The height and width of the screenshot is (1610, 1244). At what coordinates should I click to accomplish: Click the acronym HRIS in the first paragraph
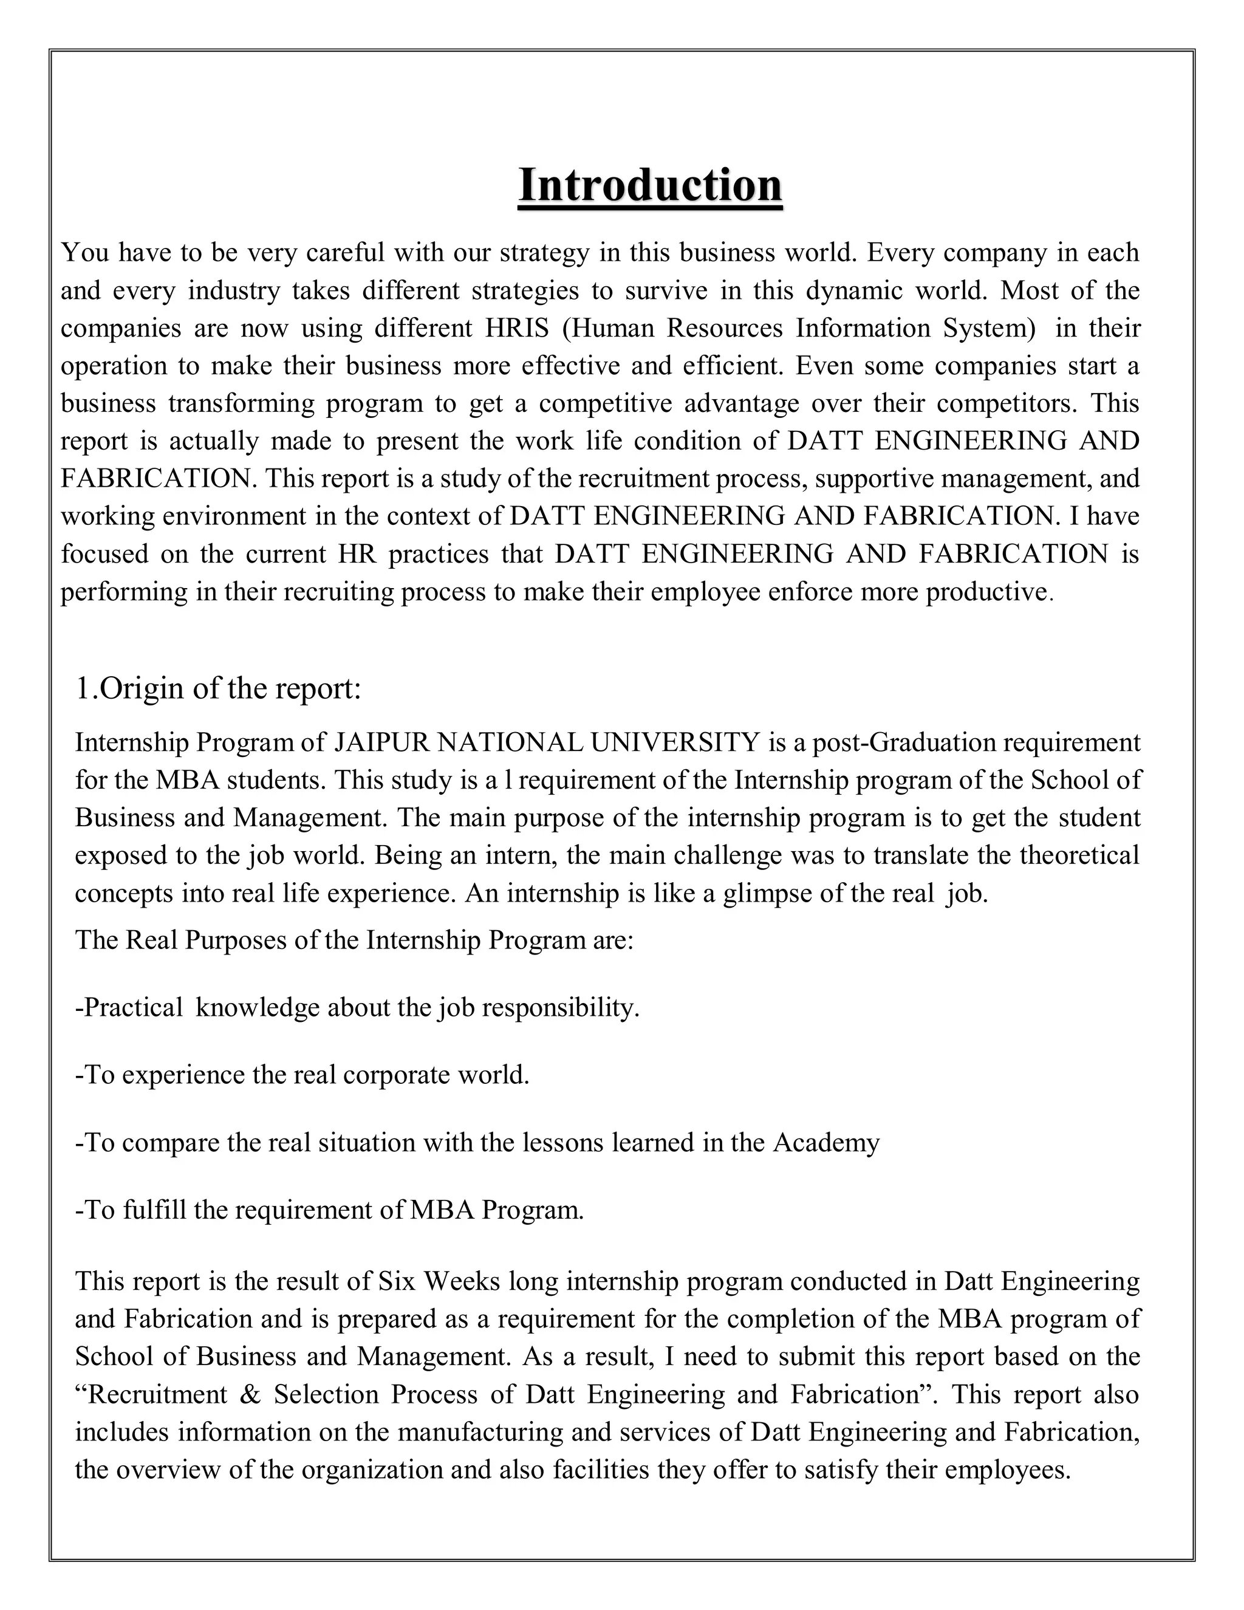pyautogui.click(x=517, y=328)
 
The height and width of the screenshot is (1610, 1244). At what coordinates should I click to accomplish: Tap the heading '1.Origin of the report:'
pyautogui.click(x=218, y=688)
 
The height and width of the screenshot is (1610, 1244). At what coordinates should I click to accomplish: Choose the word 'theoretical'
pyautogui.click(x=1079, y=855)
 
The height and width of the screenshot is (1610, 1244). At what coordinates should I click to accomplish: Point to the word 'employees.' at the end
pyautogui.click(x=1006, y=1470)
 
